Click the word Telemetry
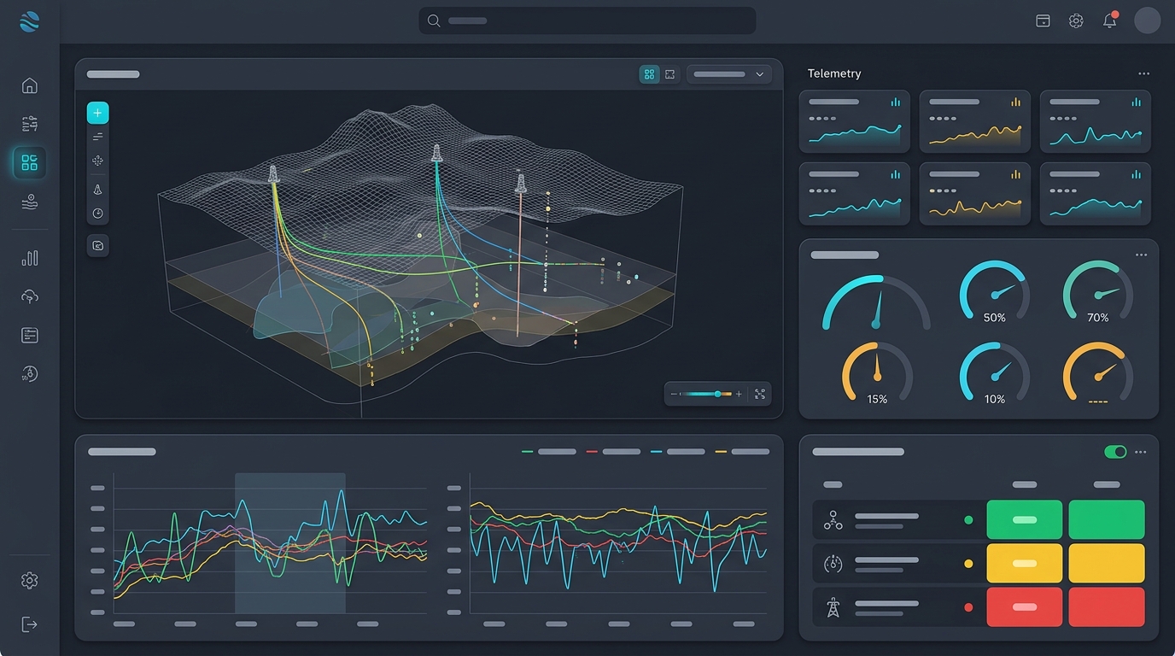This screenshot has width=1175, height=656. click(834, 73)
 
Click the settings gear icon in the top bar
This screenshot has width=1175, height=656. click(1076, 20)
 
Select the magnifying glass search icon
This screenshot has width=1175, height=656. click(433, 20)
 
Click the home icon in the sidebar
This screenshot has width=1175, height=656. click(29, 85)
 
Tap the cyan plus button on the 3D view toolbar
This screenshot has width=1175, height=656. click(97, 113)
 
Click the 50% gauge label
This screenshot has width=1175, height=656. click(994, 318)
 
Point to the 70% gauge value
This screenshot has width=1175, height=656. click(1097, 318)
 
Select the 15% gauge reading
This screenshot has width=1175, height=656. click(876, 400)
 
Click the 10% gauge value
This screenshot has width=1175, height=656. click(994, 400)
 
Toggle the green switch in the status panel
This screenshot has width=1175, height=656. click(1115, 452)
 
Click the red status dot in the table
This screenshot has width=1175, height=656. click(968, 607)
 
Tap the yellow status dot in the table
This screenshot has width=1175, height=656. click(968, 564)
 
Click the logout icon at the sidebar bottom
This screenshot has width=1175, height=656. click(29, 624)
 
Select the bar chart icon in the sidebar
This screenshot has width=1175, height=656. click(29, 258)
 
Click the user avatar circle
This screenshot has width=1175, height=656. click(1147, 20)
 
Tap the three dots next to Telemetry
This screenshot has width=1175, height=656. click(1143, 74)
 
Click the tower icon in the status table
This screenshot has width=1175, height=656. click(833, 607)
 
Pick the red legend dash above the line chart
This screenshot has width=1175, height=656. click(592, 451)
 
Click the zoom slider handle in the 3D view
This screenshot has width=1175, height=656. click(717, 394)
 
